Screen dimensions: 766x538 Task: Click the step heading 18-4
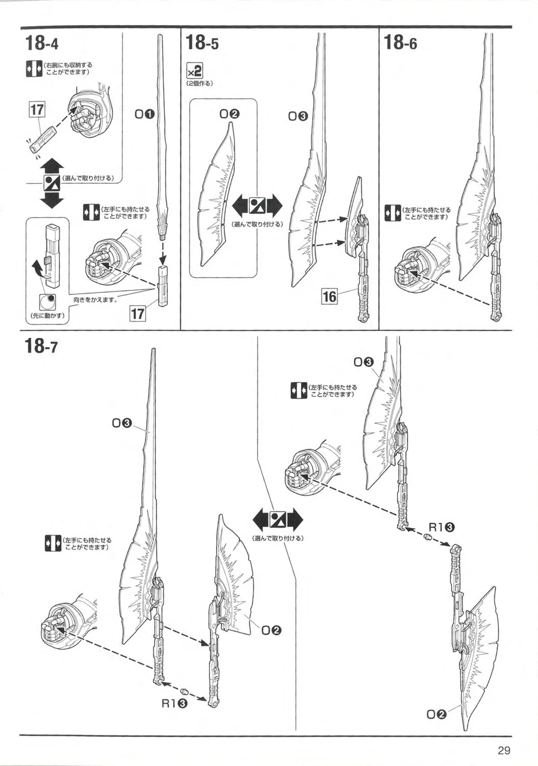pos(41,43)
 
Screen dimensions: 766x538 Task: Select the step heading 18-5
pos(202,43)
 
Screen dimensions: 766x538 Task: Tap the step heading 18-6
pos(400,43)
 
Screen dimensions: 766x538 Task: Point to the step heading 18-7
pos(41,347)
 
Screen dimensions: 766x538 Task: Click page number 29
pos(504,750)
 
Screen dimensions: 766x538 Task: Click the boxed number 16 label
pos(330,296)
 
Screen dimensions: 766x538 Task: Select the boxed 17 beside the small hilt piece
pos(37,109)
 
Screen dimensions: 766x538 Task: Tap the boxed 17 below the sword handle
pos(138,313)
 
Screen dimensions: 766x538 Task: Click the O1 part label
pos(144,114)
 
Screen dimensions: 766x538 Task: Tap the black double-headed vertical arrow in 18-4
pos(52,182)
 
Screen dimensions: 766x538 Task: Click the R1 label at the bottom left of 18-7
pos(174,703)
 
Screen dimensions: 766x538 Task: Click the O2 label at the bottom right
pos(436,714)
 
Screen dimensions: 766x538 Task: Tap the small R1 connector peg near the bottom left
pos(186,691)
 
